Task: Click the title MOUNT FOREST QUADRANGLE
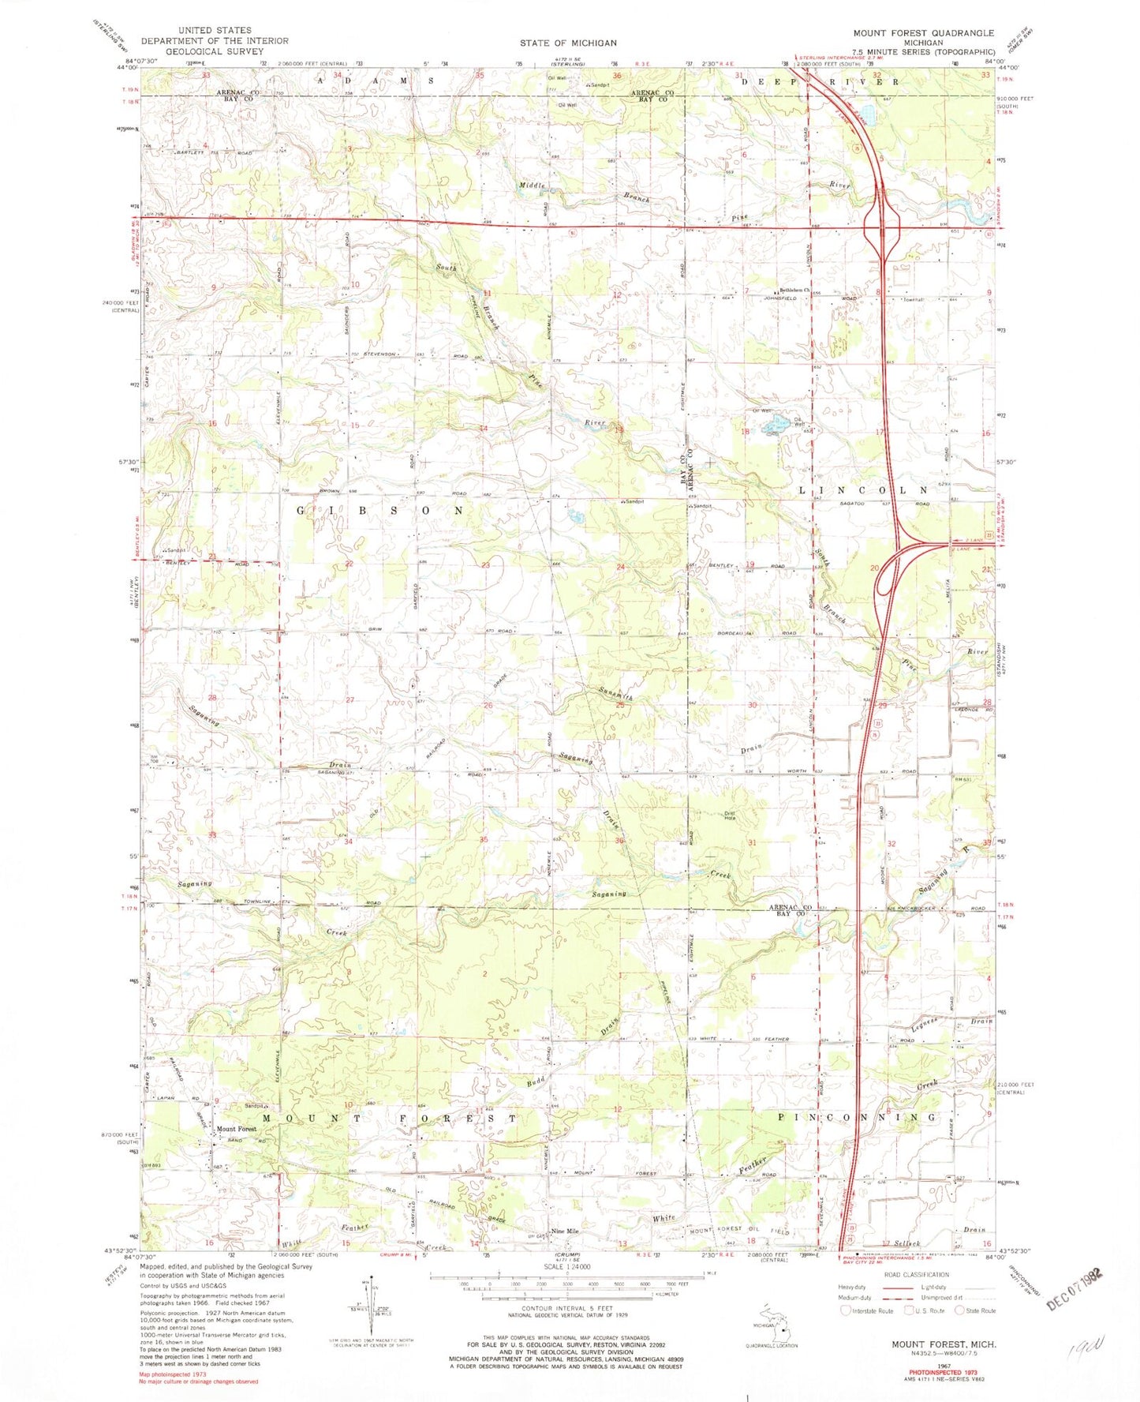point(923,33)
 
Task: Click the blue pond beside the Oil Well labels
point(772,427)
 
